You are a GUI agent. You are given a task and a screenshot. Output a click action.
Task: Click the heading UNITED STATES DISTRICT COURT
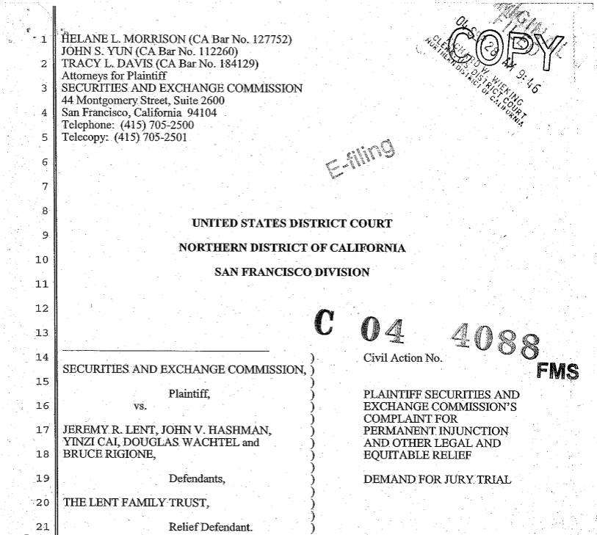tap(292, 223)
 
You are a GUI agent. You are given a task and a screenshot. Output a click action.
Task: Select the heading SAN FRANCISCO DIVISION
tap(292, 272)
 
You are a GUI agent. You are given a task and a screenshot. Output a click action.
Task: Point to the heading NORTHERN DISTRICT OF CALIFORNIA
tap(292, 247)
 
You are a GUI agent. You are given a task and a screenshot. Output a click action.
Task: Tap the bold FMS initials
tap(557, 371)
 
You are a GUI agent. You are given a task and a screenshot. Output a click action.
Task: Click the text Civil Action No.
tap(403, 358)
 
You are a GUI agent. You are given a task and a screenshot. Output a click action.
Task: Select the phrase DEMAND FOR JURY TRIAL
tap(437, 480)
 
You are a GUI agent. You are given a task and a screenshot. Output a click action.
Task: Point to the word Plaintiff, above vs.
tap(189, 393)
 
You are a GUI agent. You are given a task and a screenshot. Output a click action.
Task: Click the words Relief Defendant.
tap(211, 527)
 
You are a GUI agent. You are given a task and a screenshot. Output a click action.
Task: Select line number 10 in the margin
tap(41, 260)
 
